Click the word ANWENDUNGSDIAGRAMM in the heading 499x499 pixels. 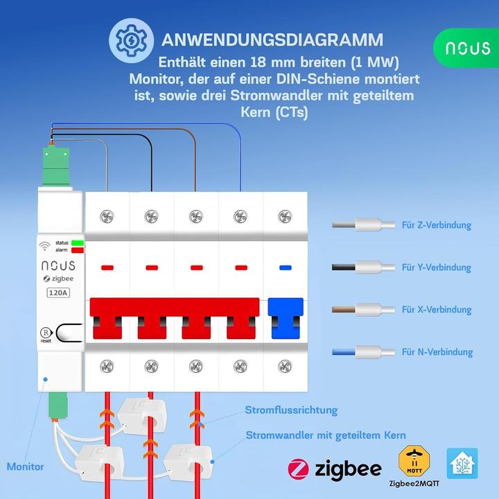[271, 39]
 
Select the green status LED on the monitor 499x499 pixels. [77, 243]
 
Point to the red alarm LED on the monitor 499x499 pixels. [77, 249]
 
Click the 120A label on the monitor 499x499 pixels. [58, 292]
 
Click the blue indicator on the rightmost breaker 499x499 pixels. [284, 267]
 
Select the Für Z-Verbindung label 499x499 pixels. [436, 225]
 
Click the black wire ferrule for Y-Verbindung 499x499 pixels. [367, 267]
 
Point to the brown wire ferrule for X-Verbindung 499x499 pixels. [367, 309]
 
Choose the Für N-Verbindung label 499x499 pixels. [437, 352]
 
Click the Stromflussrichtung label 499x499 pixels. [291, 410]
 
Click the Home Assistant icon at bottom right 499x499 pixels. [462, 463]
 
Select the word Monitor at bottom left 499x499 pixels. [25, 466]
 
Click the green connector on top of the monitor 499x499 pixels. [54, 165]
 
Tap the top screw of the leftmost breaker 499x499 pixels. [107, 217]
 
